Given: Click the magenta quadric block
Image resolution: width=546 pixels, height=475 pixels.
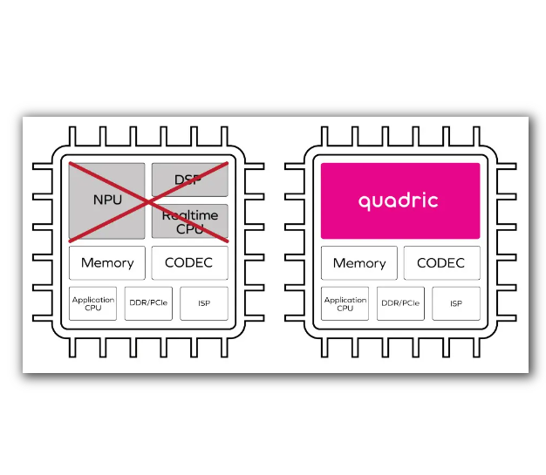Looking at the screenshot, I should (x=400, y=200).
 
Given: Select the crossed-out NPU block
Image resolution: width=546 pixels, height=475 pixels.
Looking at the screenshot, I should (x=106, y=200).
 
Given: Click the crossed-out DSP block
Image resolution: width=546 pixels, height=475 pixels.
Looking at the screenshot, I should (x=190, y=180).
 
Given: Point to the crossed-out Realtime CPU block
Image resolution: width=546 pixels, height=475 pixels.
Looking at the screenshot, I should (x=190, y=221).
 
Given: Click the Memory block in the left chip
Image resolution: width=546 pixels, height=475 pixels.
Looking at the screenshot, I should (x=107, y=262).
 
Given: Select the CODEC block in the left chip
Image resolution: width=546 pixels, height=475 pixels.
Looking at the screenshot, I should (x=189, y=262).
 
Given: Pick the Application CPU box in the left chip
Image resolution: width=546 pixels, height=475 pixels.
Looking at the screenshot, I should (x=93, y=303).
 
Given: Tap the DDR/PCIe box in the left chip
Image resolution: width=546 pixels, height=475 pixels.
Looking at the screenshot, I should (x=148, y=303).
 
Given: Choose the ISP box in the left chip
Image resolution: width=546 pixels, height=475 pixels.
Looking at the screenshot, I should (x=204, y=303).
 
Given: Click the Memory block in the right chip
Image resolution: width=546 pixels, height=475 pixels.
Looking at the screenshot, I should (x=359, y=262).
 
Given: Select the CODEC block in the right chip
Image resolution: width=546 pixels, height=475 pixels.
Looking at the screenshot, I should (x=441, y=262).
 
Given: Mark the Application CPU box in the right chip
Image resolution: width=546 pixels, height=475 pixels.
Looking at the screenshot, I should (x=345, y=303).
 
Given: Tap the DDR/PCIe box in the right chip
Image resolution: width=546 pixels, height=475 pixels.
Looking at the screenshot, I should (x=400, y=303).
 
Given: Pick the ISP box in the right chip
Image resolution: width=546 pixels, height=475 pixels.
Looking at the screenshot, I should (x=456, y=303).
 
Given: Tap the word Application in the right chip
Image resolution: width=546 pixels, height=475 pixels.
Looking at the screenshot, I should (x=345, y=300).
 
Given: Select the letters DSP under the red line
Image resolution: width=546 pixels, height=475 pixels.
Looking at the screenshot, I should (x=188, y=180).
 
